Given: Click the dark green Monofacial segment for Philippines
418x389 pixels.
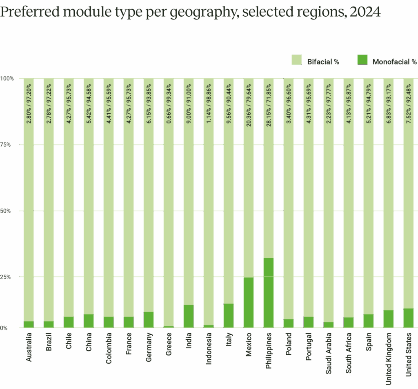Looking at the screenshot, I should point(269,292).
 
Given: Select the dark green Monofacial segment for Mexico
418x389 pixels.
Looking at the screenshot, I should point(249,302).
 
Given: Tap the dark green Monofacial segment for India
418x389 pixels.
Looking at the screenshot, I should point(189,316).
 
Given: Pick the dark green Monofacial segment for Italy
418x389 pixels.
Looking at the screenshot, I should point(229,315).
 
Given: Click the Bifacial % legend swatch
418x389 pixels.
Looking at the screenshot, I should point(296,60).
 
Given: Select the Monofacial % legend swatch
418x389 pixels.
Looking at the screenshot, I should point(362,60).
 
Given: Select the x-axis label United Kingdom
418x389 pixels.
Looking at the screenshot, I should point(389,358).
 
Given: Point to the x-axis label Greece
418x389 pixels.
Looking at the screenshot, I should point(169,345).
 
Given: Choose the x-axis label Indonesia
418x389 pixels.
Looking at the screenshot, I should point(209,349).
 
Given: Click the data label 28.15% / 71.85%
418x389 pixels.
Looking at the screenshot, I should point(269,110).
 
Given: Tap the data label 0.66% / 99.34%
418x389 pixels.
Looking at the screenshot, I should point(169,110).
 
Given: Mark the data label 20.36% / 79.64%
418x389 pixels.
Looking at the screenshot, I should point(249,110).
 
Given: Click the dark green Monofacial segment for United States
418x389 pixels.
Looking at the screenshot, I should point(408,318).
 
